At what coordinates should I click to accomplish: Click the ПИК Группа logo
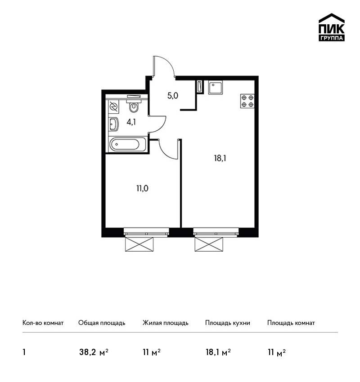tap(332, 27)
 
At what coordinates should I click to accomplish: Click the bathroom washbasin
tap(114, 124)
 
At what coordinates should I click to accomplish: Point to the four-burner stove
tap(247, 101)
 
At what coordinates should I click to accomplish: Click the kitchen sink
tap(215, 88)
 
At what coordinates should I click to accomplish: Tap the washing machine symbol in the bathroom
tap(114, 107)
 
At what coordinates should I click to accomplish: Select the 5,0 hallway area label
tap(173, 96)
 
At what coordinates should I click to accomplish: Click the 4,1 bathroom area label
tap(131, 122)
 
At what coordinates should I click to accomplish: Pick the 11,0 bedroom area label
tap(143, 188)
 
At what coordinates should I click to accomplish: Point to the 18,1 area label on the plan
tap(220, 159)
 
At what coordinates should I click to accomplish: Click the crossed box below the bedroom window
tap(139, 244)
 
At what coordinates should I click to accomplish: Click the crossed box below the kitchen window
tap(209, 244)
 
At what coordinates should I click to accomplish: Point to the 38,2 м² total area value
tap(94, 352)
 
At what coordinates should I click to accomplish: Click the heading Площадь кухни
tap(228, 323)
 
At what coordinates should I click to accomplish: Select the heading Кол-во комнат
tap(43, 323)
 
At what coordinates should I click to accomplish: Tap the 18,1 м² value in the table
tap(218, 352)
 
